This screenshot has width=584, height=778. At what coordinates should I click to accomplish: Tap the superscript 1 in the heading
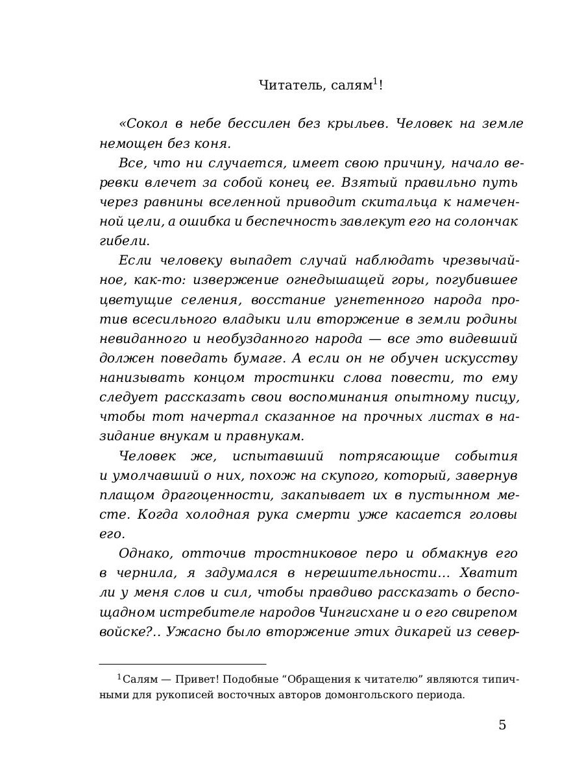point(375,81)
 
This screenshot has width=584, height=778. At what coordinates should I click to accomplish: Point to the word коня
point(213,143)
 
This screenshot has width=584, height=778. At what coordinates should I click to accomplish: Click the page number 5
point(502,725)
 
